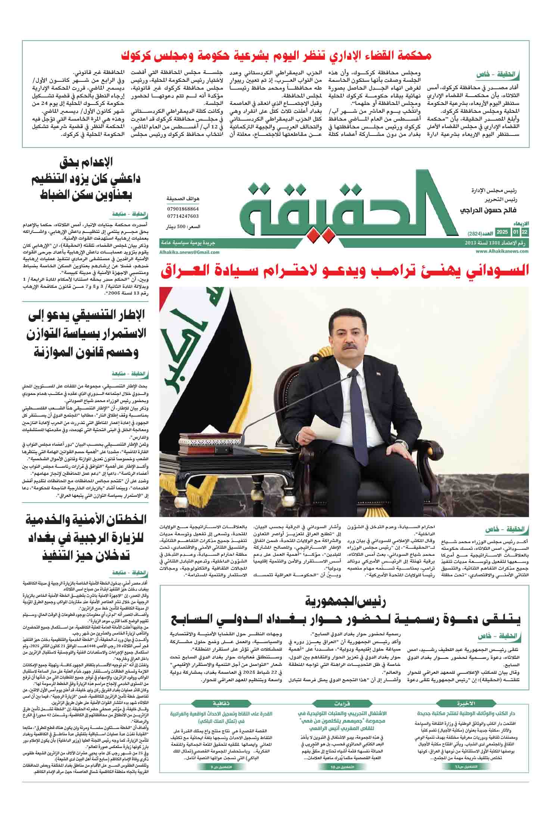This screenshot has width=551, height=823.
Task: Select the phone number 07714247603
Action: (183, 216)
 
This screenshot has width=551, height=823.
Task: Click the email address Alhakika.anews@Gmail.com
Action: (189, 252)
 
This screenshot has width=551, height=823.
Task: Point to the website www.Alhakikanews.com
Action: (502, 252)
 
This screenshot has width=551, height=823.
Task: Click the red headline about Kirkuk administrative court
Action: (276, 56)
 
